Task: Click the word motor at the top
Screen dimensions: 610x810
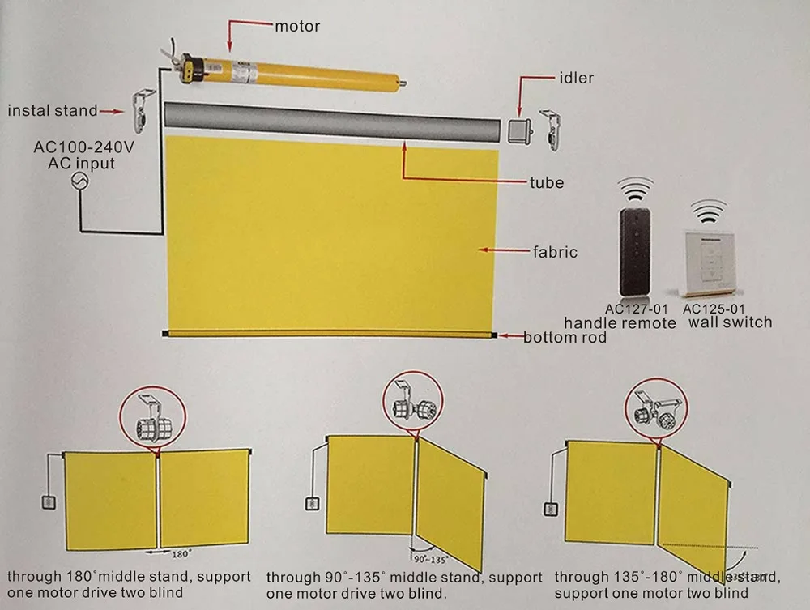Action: tap(297, 26)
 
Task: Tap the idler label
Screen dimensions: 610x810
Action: tap(576, 79)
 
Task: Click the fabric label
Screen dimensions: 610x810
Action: tap(555, 251)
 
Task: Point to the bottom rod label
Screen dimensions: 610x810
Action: tap(565, 337)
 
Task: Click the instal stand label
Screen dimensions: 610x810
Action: tap(52, 110)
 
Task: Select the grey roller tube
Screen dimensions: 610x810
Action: tap(332, 124)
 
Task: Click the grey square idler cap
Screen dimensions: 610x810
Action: tap(520, 129)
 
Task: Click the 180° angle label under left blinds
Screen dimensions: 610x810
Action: tap(181, 554)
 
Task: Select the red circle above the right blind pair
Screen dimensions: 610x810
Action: tap(654, 412)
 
